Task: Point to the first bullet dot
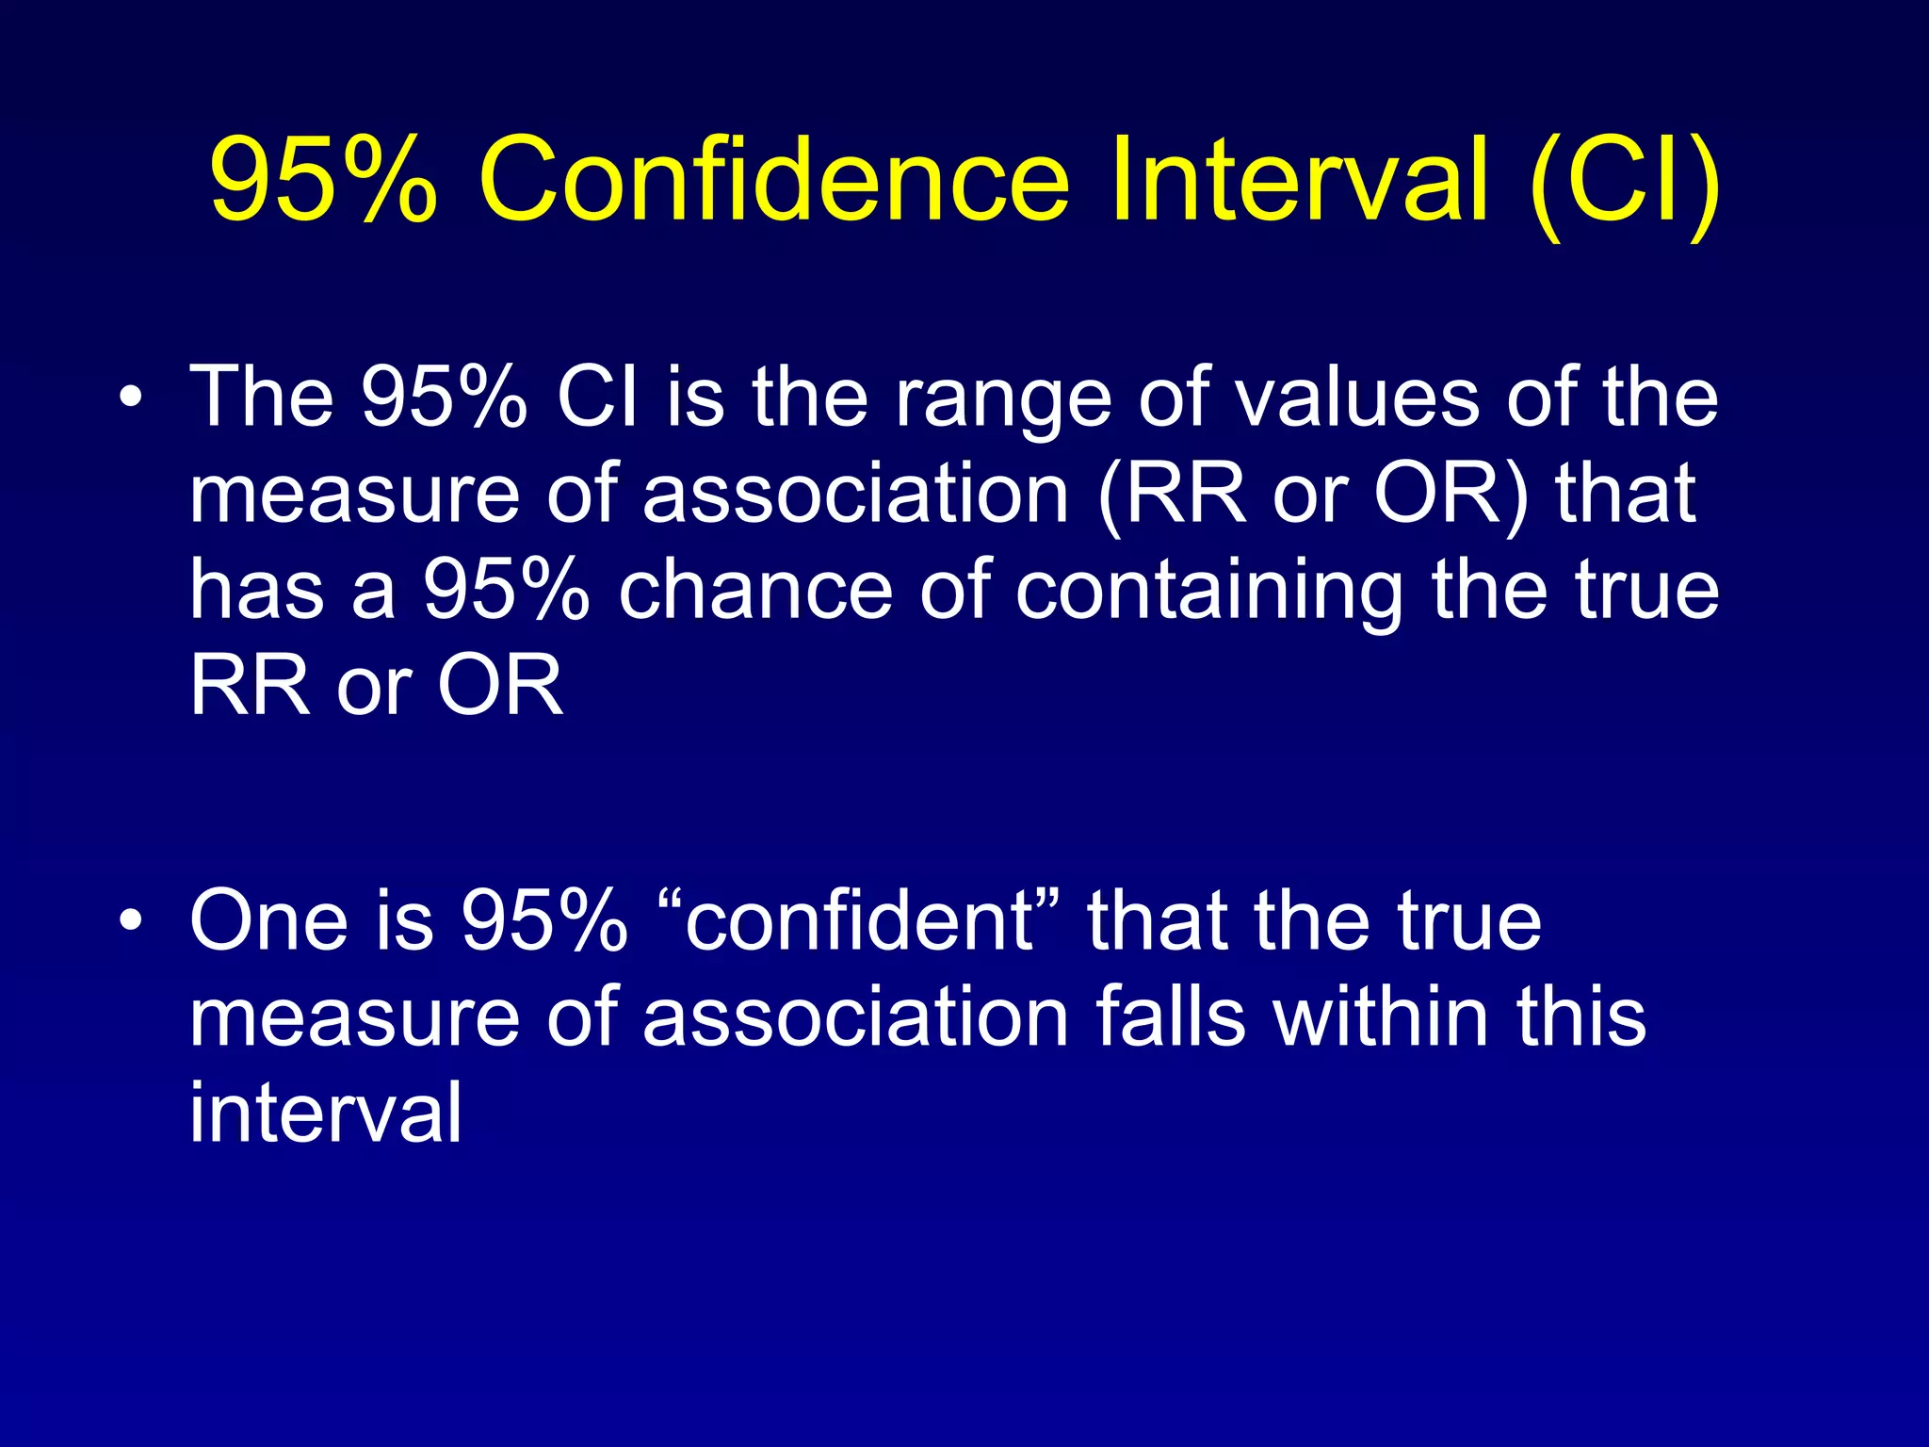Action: click(x=131, y=397)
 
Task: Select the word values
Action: click(x=1356, y=398)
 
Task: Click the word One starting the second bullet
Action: click(x=267, y=920)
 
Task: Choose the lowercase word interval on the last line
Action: click(x=326, y=1113)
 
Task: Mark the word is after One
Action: click(x=405, y=920)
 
